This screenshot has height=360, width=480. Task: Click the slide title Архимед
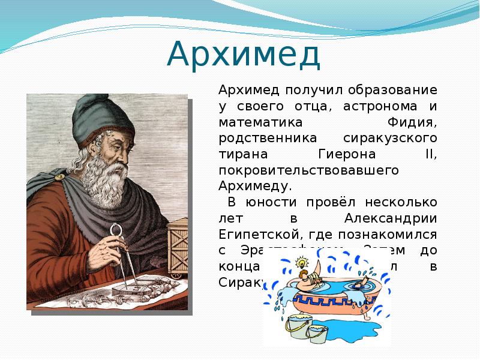pyautogui.click(x=244, y=55)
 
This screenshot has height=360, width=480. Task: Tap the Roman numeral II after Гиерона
pyautogui.click(x=431, y=154)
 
